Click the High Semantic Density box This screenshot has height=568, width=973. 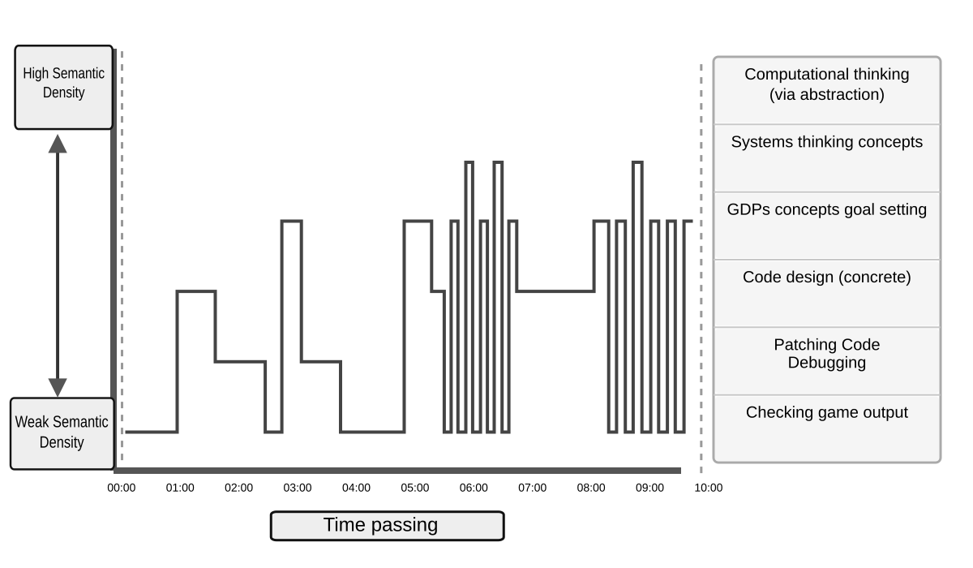tap(63, 87)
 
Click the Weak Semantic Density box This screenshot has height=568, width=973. tap(62, 433)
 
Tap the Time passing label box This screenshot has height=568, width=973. tap(387, 526)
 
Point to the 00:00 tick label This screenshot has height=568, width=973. tap(122, 488)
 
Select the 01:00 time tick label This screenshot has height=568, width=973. tap(180, 488)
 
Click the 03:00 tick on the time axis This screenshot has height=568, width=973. tap(298, 488)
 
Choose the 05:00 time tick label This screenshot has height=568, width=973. tap(415, 488)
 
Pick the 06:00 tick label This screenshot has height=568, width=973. tap(474, 488)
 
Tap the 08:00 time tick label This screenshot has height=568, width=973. tap(591, 488)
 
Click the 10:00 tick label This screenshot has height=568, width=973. tap(709, 488)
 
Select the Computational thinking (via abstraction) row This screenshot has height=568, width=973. tap(826, 84)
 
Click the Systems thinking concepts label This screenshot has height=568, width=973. tap(826, 142)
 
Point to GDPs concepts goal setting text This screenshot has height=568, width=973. tap(826, 209)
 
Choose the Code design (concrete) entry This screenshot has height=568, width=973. tap(826, 278)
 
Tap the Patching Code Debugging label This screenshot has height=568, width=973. tap(826, 354)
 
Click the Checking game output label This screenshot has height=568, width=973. tap(826, 412)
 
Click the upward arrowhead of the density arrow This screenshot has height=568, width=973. tap(58, 144)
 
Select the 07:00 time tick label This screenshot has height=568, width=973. tap(532, 488)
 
